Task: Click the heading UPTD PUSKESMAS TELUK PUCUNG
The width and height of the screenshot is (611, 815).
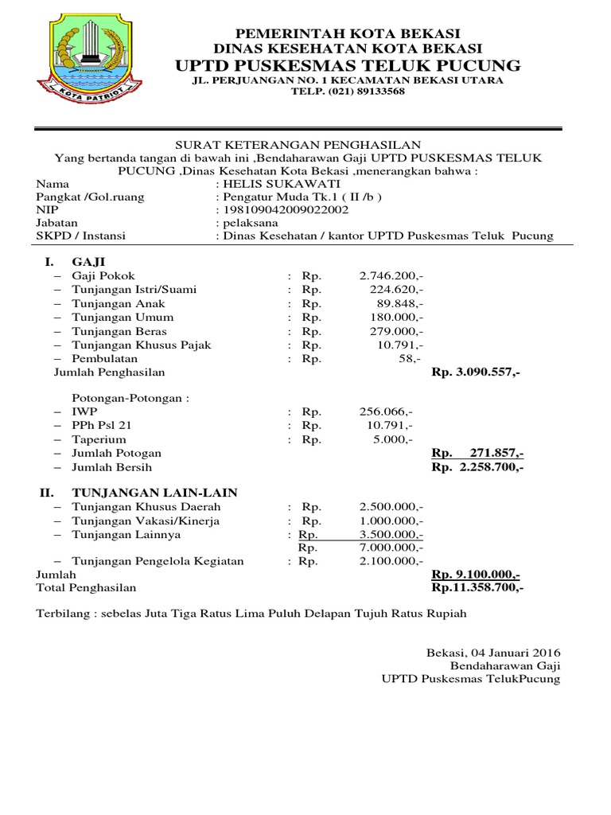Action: click(x=349, y=64)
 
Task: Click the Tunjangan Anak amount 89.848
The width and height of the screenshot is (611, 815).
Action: click(x=400, y=303)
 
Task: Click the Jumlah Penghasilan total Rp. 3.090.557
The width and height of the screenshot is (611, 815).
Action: click(x=476, y=372)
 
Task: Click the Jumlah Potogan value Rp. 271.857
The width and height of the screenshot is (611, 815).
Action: click(x=477, y=453)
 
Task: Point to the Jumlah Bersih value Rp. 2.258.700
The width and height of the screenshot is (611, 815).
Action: click(x=477, y=467)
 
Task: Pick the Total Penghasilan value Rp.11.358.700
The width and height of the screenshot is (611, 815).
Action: click(x=477, y=587)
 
